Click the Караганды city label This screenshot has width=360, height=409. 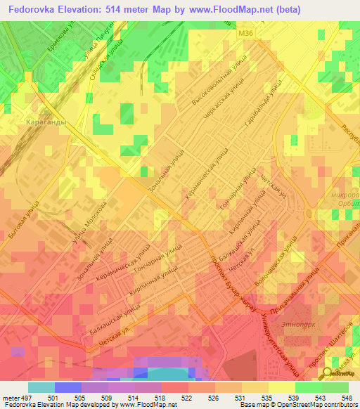pos(46,121)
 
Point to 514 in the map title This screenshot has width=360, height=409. pos(136,10)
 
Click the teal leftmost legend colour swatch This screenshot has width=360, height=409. pos(41,387)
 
